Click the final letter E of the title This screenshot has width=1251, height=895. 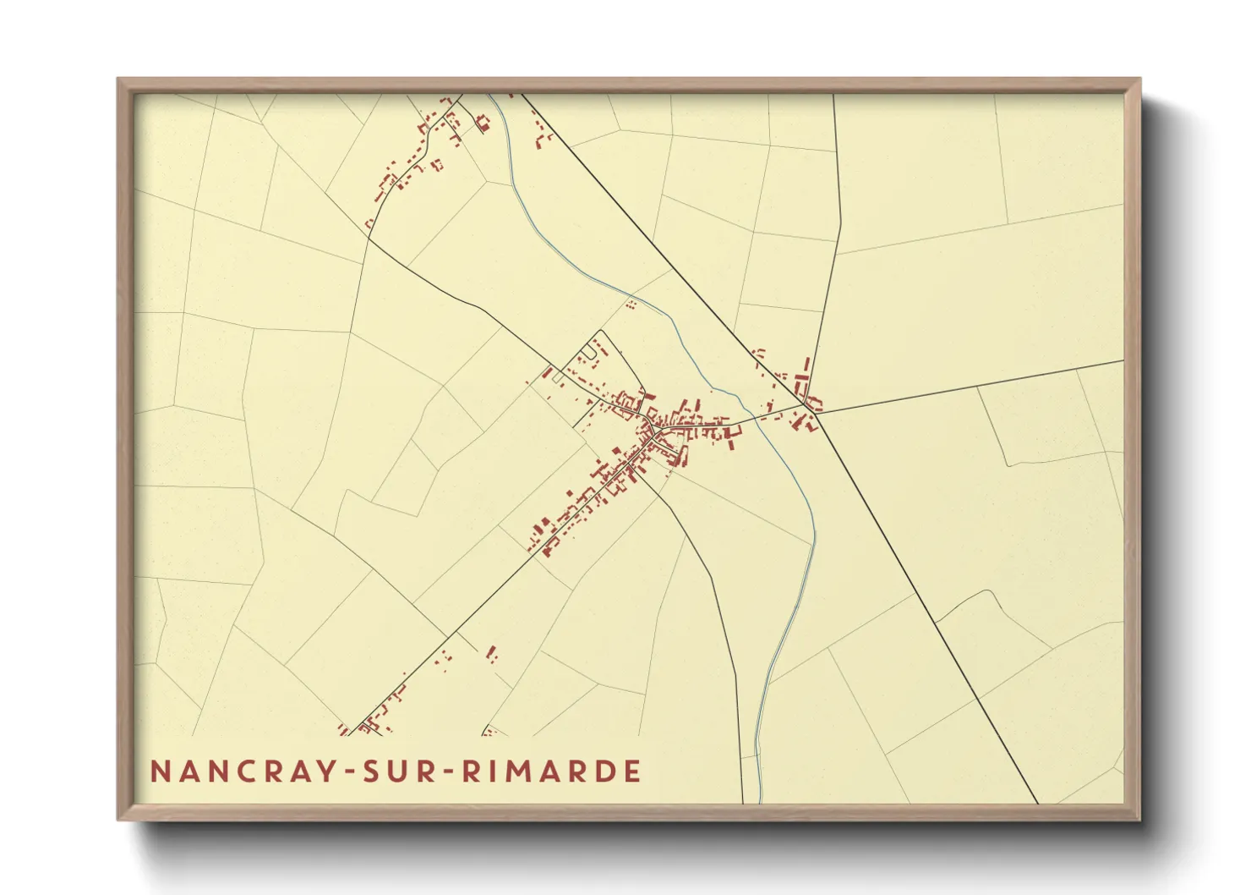click(632, 771)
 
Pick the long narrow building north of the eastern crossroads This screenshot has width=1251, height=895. click(805, 370)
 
